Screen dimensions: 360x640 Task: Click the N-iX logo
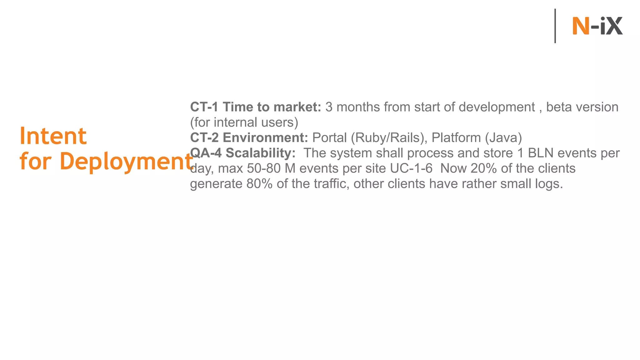click(x=597, y=26)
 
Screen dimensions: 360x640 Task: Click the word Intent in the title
click(x=53, y=136)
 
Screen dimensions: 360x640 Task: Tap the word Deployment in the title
click(x=126, y=162)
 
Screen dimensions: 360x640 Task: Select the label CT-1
click(x=204, y=107)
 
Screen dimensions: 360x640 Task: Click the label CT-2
click(x=204, y=137)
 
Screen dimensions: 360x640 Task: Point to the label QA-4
click(x=206, y=153)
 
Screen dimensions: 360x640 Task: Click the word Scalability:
click(x=261, y=153)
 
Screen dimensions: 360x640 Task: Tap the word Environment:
click(x=265, y=137)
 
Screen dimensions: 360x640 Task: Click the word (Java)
click(x=503, y=137)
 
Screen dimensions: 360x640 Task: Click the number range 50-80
click(x=264, y=168)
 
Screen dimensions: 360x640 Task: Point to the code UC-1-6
click(x=411, y=168)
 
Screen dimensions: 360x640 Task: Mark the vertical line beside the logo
click(x=555, y=26)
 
